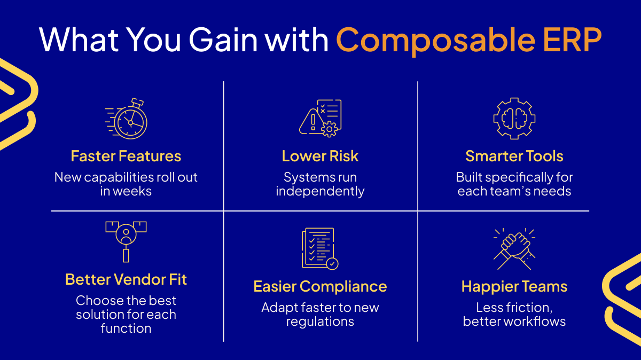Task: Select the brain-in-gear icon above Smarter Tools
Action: pos(514,119)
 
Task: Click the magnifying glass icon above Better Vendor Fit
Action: pos(126,242)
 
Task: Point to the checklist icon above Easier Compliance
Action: pos(320,248)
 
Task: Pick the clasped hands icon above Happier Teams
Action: pos(514,249)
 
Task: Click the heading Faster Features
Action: pos(126,156)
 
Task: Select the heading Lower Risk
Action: pos(320,156)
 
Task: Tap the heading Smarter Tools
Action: pos(514,156)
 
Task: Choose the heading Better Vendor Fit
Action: pos(126,279)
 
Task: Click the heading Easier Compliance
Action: pos(320,287)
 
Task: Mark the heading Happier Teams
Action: pos(514,287)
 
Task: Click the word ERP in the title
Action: pos(572,40)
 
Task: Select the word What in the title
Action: pos(79,40)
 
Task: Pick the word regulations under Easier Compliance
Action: pos(320,322)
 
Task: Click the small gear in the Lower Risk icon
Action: pos(330,129)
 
